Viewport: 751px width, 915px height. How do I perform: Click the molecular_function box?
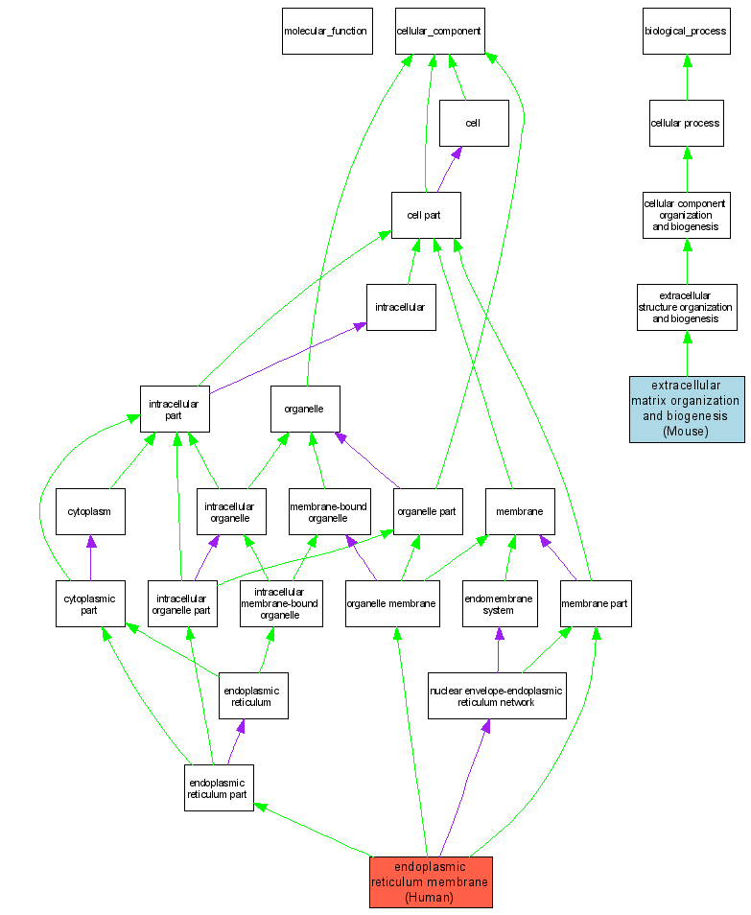[x=326, y=31]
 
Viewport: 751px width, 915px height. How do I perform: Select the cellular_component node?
[x=439, y=31]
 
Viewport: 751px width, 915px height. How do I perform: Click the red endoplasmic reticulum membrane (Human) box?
[x=431, y=881]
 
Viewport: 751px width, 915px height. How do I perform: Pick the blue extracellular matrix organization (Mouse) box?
[x=687, y=409]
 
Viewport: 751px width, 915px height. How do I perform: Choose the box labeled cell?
[x=473, y=123]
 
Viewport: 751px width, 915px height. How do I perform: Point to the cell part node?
[x=426, y=215]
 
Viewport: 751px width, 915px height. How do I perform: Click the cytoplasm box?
[x=90, y=511]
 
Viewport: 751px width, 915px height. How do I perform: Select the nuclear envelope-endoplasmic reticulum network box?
[x=497, y=695]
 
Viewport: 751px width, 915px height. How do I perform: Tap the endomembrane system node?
[x=497, y=603]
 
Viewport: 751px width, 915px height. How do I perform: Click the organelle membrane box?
[x=391, y=603]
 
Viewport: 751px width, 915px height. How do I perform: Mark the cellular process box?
[x=686, y=123]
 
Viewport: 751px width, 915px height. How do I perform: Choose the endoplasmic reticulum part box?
[x=219, y=787]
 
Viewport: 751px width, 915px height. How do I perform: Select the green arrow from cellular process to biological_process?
[x=687, y=77]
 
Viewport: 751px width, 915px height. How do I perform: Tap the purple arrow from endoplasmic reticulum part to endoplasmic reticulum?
[x=234, y=741]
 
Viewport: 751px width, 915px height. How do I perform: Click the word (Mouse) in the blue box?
[x=687, y=432]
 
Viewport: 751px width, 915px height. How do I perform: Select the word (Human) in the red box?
[x=431, y=897]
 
